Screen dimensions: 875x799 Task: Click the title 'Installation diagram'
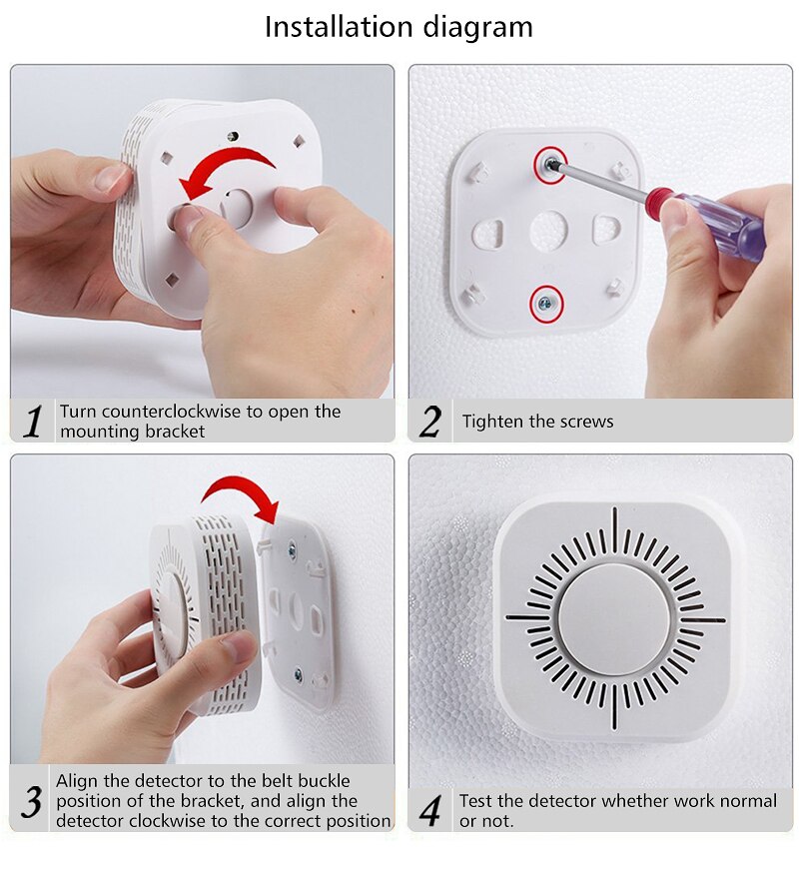pos(399,27)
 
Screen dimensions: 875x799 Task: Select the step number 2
pos(429,422)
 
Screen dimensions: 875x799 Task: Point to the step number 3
pos(32,801)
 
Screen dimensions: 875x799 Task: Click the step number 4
pos(429,810)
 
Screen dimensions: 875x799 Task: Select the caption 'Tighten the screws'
pos(537,422)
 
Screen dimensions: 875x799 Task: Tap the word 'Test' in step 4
pos(477,801)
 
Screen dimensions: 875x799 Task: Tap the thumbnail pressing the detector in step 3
pos(239,648)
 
